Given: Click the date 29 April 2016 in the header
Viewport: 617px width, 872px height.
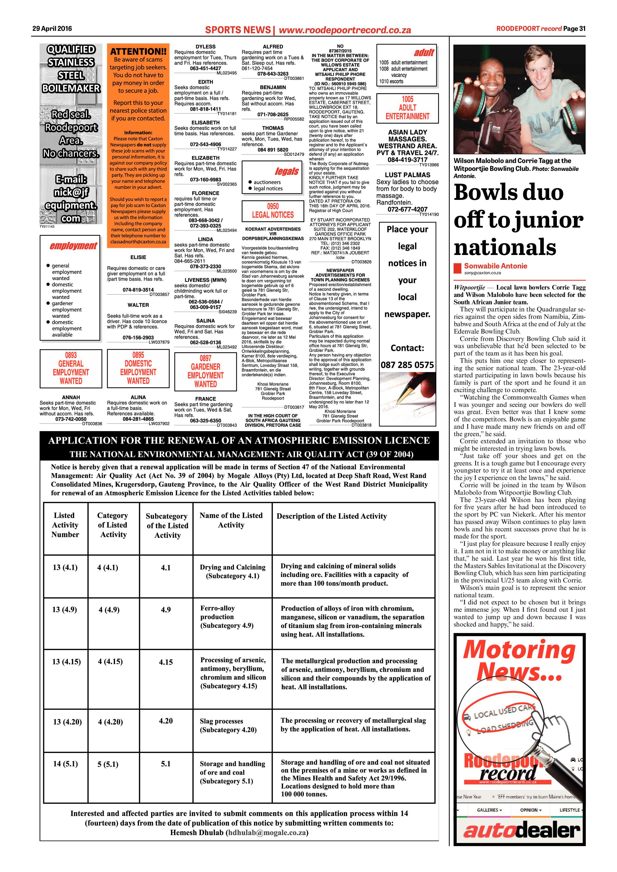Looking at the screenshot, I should pyautogui.click(x=52, y=28).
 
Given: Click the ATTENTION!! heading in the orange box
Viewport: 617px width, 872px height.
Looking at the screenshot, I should pyautogui.click(x=138, y=51).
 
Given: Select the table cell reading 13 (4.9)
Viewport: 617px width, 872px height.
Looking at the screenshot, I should pyautogui.click(x=65, y=610).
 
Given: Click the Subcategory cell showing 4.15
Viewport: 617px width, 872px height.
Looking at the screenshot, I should pyautogui.click(x=166, y=662).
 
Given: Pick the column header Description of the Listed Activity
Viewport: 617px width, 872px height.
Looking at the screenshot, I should pyautogui.click(x=332, y=516).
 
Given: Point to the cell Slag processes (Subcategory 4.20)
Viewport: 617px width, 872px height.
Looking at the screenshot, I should pyautogui.click(x=228, y=725).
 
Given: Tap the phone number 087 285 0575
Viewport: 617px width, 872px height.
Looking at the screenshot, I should pyautogui.click(x=407, y=365).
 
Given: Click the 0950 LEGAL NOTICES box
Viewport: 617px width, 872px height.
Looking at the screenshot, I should pyautogui.click(x=273, y=211).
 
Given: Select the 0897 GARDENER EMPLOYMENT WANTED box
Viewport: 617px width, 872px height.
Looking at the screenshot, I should pyautogui.click(x=205, y=371).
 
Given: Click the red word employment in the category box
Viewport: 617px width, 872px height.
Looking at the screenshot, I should pyautogui.click(x=73, y=246).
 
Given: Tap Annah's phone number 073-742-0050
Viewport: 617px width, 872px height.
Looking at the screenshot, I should pyautogui.click(x=71, y=419).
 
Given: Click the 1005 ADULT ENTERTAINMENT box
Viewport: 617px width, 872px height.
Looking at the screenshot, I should pyautogui.click(x=407, y=108).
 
